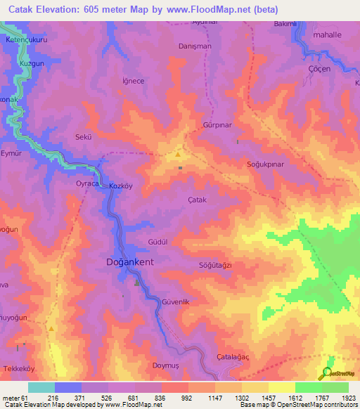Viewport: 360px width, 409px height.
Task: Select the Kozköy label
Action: [x=122, y=186]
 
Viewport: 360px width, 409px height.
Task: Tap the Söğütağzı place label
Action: [x=215, y=265]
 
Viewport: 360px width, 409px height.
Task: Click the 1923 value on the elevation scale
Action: [x=349, y=398]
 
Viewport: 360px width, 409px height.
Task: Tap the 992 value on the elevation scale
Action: [x=186, y=398]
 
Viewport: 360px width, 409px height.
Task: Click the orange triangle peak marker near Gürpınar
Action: [x=179, y=155]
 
